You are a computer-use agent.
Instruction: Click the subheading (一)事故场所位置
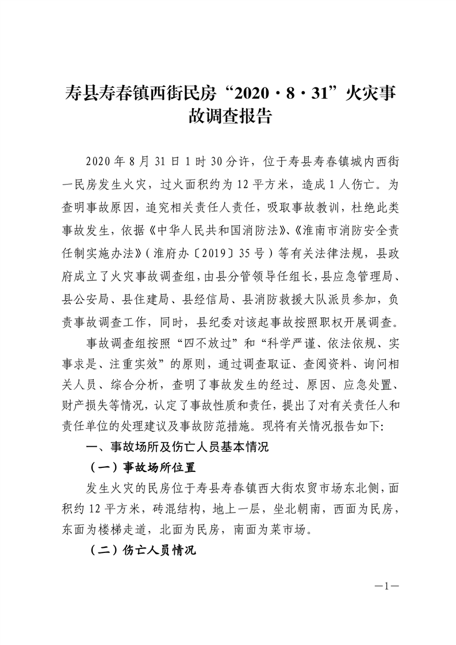[x=144, y=467]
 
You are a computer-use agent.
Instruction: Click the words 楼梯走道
[x=126, y=529]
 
